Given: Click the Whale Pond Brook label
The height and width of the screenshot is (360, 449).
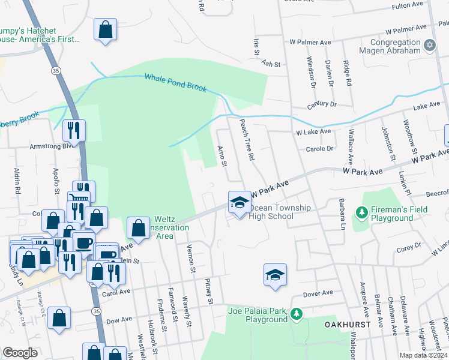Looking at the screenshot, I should tap(175, 83).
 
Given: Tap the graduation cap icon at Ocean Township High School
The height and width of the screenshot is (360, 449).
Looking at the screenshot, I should tap(240, 202).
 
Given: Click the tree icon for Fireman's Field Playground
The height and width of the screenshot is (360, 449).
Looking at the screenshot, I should tap(361, 212).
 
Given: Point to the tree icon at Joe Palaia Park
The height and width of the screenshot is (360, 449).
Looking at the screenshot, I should tap(296, 314).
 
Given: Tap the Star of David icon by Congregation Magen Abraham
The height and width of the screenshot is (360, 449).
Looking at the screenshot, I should tap(429, 45).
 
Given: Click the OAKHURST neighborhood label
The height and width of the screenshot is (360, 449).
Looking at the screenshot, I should tap(345, 323).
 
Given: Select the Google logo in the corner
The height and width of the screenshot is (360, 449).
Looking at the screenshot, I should tap(20, 353).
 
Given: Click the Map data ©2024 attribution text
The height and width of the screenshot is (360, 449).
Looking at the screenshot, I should tap(421, 355).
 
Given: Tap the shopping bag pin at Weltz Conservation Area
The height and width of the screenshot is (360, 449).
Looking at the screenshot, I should tap(138, 228).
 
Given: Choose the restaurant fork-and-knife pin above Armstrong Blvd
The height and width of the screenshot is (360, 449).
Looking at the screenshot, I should tap(74, 130).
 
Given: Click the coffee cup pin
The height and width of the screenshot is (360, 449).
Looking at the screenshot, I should tap(83, 243).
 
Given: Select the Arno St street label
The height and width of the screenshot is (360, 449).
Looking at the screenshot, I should tap(221, 155).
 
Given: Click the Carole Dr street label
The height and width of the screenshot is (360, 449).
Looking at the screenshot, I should tap(319, 148).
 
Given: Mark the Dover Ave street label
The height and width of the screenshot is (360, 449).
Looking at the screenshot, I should tap(318, 293).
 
